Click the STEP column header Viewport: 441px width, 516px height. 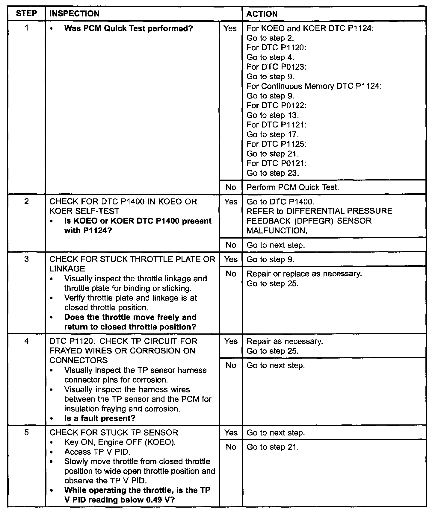(x=26, y=13)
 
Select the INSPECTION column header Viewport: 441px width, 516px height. (x=74, y=13)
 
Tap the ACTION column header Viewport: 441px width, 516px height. (x=262, y=14)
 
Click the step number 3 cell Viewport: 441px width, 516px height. (x=26, y=259)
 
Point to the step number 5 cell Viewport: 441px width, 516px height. (x=26, y=432)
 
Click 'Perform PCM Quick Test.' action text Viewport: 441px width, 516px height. (x=292, y=187)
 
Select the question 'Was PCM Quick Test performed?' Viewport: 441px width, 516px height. (x=129, y=28)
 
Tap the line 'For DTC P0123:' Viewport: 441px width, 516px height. (x=276, y=67)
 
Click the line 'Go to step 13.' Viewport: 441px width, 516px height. (x=272, y=115)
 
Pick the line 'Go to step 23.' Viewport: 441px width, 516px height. (x=272, y=173)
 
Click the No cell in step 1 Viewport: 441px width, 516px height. (x=231, y=187)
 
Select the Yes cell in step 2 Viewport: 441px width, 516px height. (x=231, y=202)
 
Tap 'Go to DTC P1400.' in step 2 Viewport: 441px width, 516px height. (x=280, y=202)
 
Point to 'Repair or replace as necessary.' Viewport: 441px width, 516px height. (x=304, y=274)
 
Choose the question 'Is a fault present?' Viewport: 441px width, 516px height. (x=100, y=418)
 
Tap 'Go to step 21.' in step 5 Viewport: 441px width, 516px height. (x=272, y=447)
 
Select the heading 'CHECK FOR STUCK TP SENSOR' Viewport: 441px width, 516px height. (x=114, y=432)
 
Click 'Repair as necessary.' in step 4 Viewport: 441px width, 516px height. (x=285, y=342)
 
